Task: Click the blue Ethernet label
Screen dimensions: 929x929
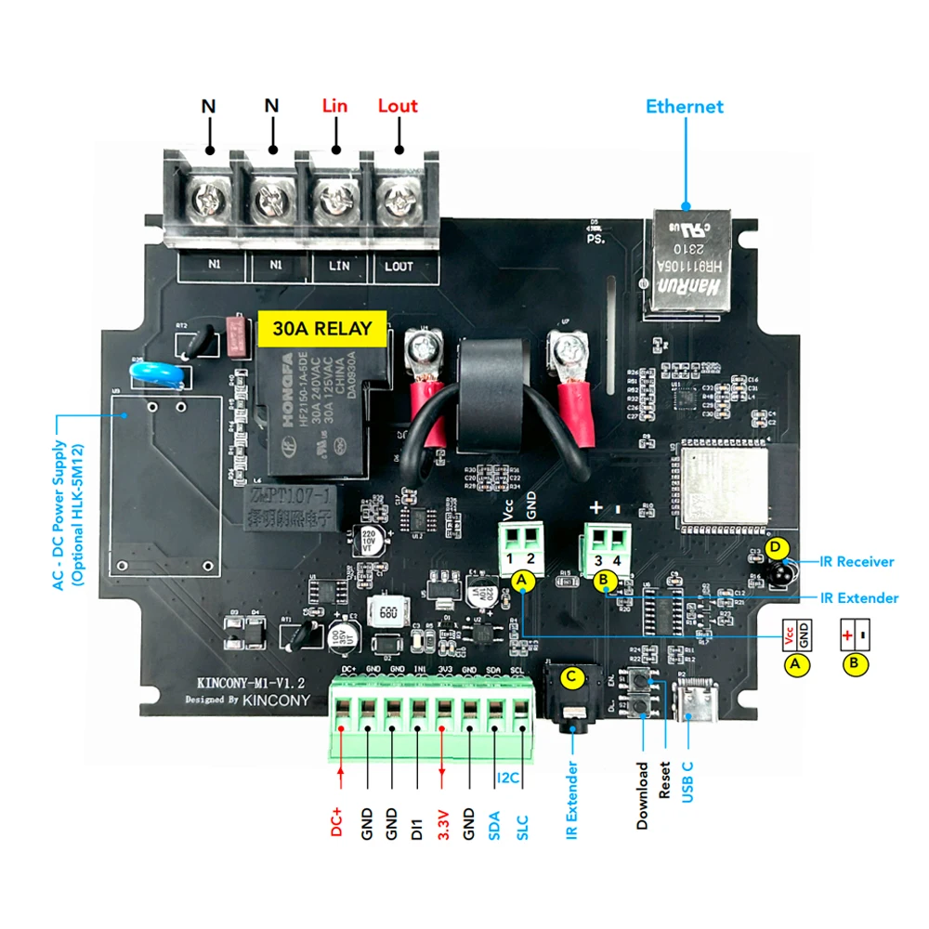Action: click(685, 107)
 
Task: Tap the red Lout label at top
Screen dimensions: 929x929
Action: click(398, 106)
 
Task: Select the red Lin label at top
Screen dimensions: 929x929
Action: click(334, 106)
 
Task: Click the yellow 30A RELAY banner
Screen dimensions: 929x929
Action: click(321, 328)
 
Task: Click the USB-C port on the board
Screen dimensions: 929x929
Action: click(695, 702)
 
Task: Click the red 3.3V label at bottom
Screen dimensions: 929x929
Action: click(443, 825)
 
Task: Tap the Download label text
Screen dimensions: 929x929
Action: click(642, 795)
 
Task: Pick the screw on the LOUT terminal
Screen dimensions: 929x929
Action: click(399, 197)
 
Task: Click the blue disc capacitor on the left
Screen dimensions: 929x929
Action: click(148, 372)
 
